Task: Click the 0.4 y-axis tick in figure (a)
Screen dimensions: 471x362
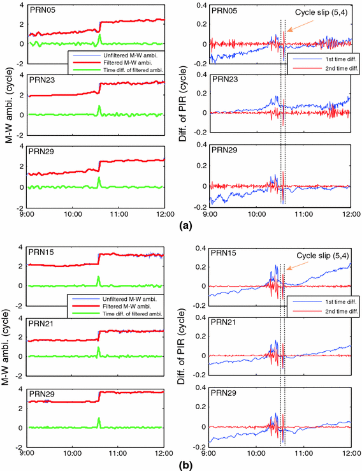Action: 199,6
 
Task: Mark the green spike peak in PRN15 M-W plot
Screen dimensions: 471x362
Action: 98,277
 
